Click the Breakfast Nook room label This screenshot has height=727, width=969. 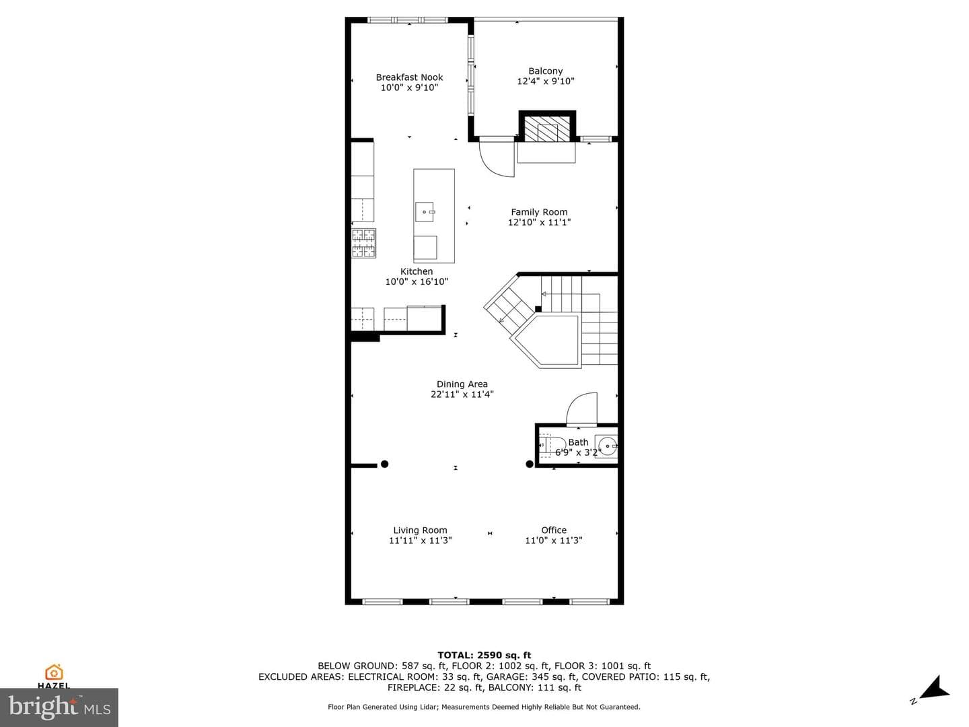pyautogui.click(x=409, y=77)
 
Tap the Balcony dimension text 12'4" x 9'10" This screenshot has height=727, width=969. pyautogui.click(x=546, y=81)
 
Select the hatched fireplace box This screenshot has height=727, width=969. pyautogui.click(x=547, y=126)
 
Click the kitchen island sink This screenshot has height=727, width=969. pyautogui.click(x=425, y=212)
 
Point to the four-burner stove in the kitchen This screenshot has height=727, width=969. pyautogui.click(x=363, y=243)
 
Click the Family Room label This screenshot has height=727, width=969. pyautogui.click(x=539, y=212)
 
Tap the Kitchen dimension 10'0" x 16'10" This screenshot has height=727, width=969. pyautogui.click(x=417, y=281)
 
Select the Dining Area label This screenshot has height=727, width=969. pyautogui.click(x=462, y=384)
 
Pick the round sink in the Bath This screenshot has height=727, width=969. pyautogui.click(x=608, y=446)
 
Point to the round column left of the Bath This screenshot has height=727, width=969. pyautogui.click(x=530, y=464)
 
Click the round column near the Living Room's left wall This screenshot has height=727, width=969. pyautogui.click(x=384, y=464)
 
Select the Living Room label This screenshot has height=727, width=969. pyautogui.click(x=420, y=530)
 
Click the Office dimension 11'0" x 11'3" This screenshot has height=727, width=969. pyautogui.click(x=554, y=541)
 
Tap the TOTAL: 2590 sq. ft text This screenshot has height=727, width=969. pyautogui.click(x=485, y=655)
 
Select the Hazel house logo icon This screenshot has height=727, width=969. pyautogui.click(x=54, y=672)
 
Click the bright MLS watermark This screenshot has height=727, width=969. pyautogui.click(x=59, y=707)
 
